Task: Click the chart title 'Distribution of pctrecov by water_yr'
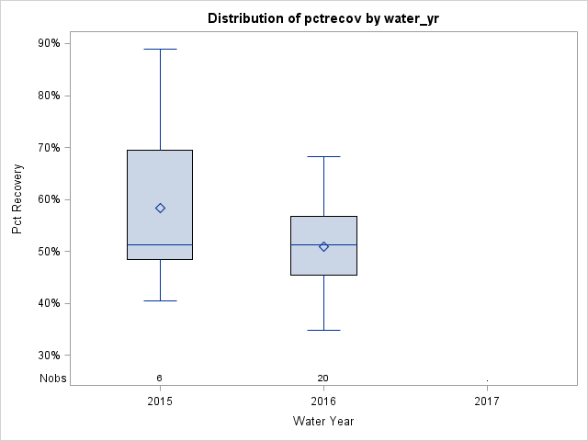click(323, 18)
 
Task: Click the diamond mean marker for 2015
click(160, 209)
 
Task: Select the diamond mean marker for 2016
click(323, 246)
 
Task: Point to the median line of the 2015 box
click(160, 244)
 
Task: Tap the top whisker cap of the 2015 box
click(160, 49)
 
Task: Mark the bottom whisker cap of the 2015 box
click(160, 300)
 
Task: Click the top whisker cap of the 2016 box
click(323, 157)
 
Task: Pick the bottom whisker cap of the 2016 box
click(323, 330)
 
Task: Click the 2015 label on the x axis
click(160, 401)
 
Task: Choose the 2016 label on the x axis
click(323, 401)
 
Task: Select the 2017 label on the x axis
click(487, 401)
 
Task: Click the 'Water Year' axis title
click(323, 422)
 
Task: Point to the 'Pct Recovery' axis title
click(17, 199)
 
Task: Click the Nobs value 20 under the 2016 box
click(323, 378)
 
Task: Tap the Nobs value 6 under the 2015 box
click(160, 378)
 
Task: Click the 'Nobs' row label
click(52, 378)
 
